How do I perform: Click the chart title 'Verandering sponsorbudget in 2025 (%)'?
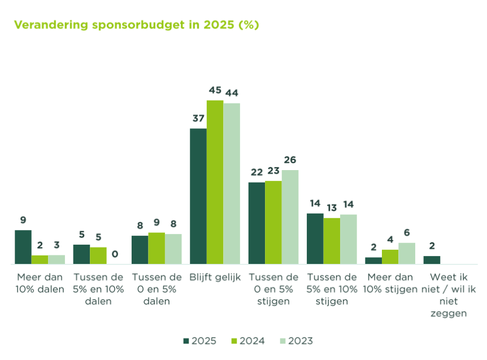click(136, 25)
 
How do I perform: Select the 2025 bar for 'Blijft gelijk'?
click(198, 196)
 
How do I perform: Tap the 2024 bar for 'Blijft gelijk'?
click(215, 182)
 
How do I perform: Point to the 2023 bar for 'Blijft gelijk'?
click(232, 184)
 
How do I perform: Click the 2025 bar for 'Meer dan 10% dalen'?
click(23, 247)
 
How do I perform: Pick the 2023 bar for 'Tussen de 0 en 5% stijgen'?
click(290, 217)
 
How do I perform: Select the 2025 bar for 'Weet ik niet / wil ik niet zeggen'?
click(432, 260)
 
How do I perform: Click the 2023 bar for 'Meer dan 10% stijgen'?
click(407, 253)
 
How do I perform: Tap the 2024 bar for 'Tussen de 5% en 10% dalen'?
click(98, 255)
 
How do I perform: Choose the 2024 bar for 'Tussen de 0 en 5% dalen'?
click(156, 248)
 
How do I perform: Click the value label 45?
click(215, 90)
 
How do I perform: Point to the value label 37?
click(198, 119)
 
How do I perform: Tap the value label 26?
click(290, 160)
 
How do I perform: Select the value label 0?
click(115, 254)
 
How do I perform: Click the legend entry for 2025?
click(200, 341)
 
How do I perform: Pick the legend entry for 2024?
click(248, 341)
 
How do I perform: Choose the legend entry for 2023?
click(296, 341)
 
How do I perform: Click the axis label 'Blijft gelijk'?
click(215, 277)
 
